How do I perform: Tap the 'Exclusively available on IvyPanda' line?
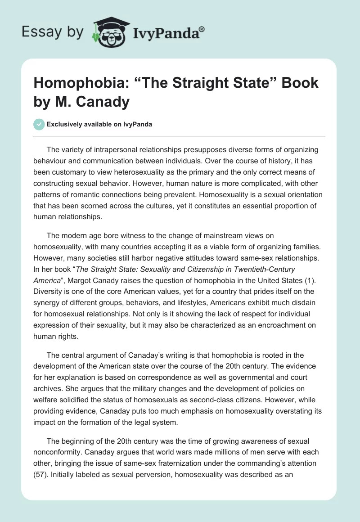pyautogui.click(x=99, y=124)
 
